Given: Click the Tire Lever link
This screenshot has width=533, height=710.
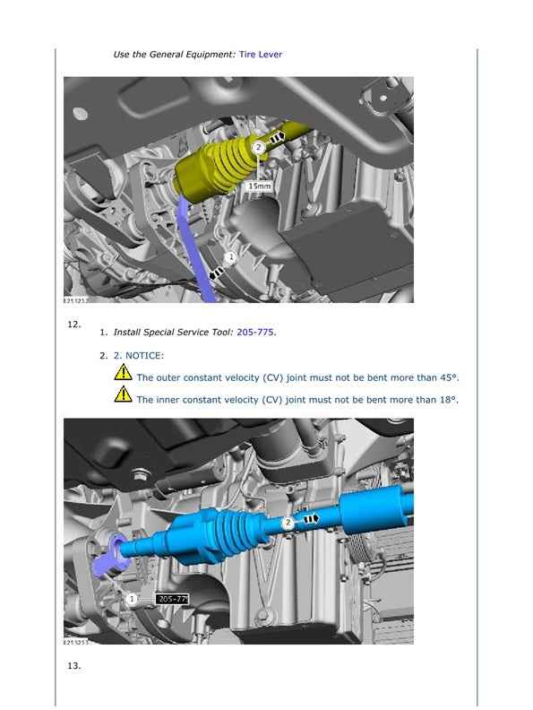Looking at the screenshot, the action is [x=260, y=55].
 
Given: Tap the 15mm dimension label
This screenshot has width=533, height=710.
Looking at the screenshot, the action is [x=259, y=186].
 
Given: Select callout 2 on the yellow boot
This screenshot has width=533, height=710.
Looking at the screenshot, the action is [x=258, y=147].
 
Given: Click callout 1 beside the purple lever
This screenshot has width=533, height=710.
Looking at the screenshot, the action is [x=231, y=257].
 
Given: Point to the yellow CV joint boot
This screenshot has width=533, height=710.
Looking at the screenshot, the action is [x=217, y=169].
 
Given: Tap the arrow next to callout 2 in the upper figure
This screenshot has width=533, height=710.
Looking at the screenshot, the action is [x=277, y=136].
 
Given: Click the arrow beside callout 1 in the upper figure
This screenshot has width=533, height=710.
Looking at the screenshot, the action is [x=216, y=273].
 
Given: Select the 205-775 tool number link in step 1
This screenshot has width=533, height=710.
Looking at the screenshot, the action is [x=255, y=332].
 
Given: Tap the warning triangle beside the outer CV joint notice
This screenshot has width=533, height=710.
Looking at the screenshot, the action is [x=123, y=372].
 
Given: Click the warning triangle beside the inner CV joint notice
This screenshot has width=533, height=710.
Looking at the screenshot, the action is [x=123, y=394].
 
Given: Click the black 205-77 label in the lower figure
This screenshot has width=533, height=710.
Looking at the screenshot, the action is [x=172, y=599].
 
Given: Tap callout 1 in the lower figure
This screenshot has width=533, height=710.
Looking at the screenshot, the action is [x=132, y=599].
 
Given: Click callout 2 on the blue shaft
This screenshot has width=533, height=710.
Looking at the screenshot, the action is [x=288, y=523].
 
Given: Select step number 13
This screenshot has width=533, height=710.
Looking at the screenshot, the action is [x=73, y=665].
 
